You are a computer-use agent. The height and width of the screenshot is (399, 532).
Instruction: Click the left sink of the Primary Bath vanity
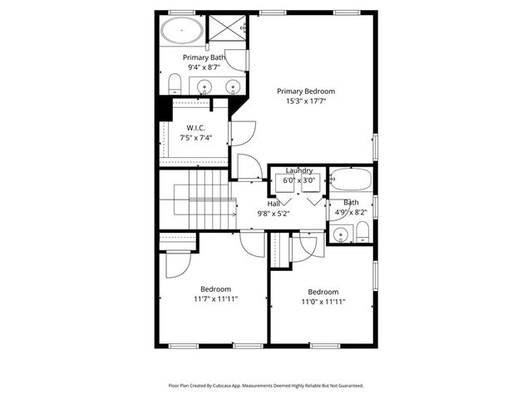pos(205,85)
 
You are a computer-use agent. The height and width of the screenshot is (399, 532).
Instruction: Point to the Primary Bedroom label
pos(306,91)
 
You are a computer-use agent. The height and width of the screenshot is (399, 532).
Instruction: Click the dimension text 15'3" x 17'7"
pos(306,102)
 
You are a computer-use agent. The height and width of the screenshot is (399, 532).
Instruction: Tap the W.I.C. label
pos(196,127)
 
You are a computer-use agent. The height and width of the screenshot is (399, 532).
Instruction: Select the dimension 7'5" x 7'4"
pos(196,138)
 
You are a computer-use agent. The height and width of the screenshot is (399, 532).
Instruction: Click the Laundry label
pos(299,170)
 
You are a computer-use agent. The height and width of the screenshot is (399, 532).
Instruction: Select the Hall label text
pos(273,203)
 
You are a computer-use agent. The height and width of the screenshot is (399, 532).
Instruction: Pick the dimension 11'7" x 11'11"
pos(216,299)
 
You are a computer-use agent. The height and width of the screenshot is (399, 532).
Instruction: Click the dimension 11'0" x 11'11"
pos(323,302)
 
